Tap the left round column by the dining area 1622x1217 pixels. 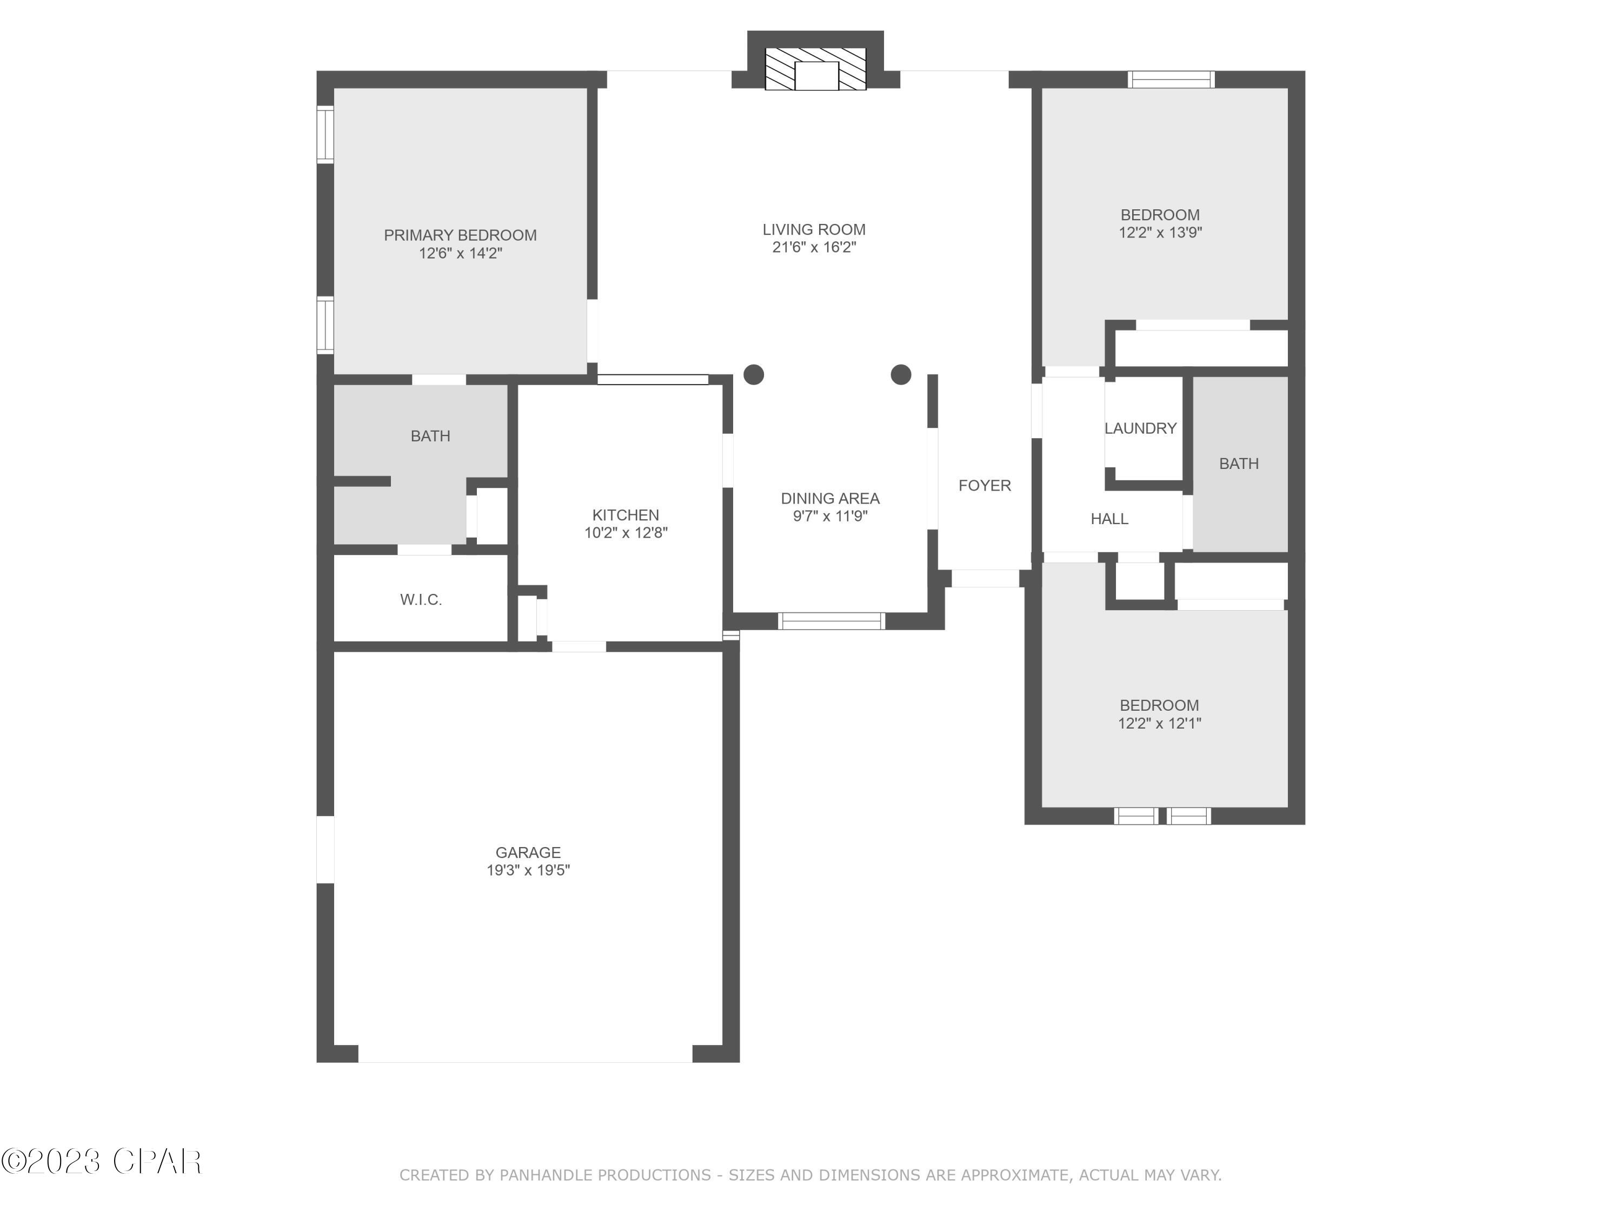point(754,375)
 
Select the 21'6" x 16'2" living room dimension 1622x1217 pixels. point(814,247)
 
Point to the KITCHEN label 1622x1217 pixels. point(626,515)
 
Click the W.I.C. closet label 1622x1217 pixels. point(421,600)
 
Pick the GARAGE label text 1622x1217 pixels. point(528,852)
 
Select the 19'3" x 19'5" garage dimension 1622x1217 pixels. point(528,871)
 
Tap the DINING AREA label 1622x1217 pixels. point(830,499)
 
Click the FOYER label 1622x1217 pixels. point(984,486)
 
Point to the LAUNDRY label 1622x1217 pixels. point(1140,428)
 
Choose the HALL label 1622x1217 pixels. point(1109,519)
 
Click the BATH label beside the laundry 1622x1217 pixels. point(1239,464)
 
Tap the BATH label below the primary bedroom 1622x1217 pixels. point(430,436)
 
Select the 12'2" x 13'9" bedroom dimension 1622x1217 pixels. point(1160,233)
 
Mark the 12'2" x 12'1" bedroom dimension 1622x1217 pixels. point(1159,723)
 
